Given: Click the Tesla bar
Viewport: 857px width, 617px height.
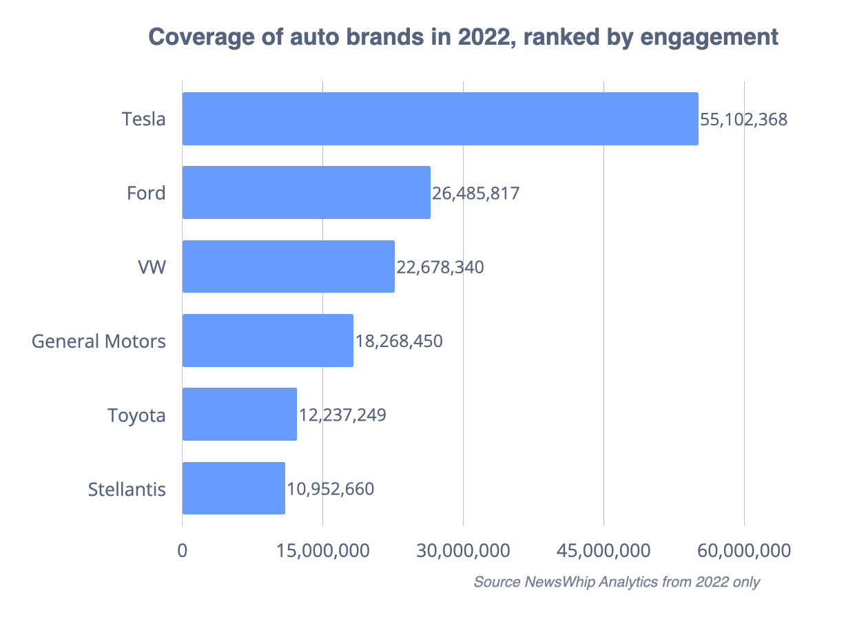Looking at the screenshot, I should pyautogui.click(x=440, y=118).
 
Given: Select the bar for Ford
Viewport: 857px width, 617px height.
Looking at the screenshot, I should pyautogui.click(x=306, y=192).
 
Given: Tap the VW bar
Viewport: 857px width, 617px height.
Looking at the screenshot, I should pyautogui.click(x=288, y=266).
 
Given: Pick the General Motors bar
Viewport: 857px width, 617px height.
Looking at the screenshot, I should pyautogui.click(x=267, y=340).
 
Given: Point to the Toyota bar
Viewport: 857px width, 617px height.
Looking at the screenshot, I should pyautogui.click(x=239, y=414).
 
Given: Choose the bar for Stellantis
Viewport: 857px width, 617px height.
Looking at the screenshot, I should pyautogui.click(x=234, y=488).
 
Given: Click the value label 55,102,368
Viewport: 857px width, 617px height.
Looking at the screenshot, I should pyautogui.click(x=743, y=119).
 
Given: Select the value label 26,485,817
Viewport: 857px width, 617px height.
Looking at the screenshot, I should pyautogui.click(x=475, y=193).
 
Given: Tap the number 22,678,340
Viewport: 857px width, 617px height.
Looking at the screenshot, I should pyautogui.click(x=440, y=267).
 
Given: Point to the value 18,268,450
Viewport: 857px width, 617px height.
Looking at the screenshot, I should pyautogui.click(x=399, y=341).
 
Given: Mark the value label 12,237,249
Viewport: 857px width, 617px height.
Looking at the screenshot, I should pyautogui.click(x=342, y=415).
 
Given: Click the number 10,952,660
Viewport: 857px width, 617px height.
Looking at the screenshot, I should pyautogui.click(x=331, y=489).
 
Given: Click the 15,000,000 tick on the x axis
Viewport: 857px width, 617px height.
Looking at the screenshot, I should pyautogui.click(x=322, y=551).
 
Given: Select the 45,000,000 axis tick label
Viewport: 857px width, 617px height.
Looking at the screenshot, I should pyautogui.click(x=603, y=551).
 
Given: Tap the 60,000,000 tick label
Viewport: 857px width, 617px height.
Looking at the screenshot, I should pyautogui.click(x=744, y=551).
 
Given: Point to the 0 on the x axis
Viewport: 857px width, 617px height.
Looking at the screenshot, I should pyautogui.click(x=183, y=551).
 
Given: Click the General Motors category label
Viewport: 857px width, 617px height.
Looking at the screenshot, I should pyautogui.click(x=99, y=341).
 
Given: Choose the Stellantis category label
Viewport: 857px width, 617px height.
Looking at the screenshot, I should pyautogui.click(x=127, y=489).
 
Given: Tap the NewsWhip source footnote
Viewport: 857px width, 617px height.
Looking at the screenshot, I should pyautogui.click(x=617, y=582).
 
